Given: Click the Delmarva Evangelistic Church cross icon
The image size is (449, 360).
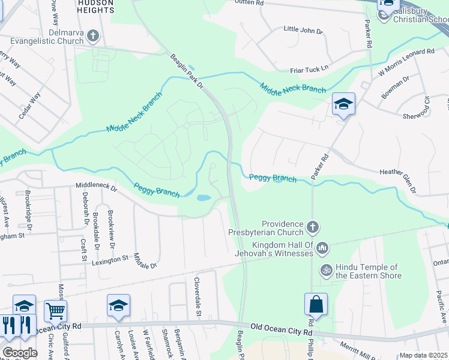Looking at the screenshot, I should coord(93,36).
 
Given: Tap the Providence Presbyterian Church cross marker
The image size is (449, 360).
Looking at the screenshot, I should coord(312,227).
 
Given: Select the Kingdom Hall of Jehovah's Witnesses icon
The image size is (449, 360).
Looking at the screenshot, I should coord(322,247).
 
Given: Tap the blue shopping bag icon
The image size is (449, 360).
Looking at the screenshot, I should coord(316,305).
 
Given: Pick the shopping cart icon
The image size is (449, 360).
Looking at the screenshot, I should coord(55,311).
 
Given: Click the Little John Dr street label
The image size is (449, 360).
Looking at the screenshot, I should coord(303,29).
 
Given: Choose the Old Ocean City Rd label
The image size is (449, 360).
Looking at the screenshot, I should coord(282,327).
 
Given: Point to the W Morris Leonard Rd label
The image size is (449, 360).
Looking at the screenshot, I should coord(406,62).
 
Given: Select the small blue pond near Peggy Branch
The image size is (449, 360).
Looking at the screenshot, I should coord(203,197).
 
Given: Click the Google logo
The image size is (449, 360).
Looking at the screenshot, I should coord(20,353).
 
